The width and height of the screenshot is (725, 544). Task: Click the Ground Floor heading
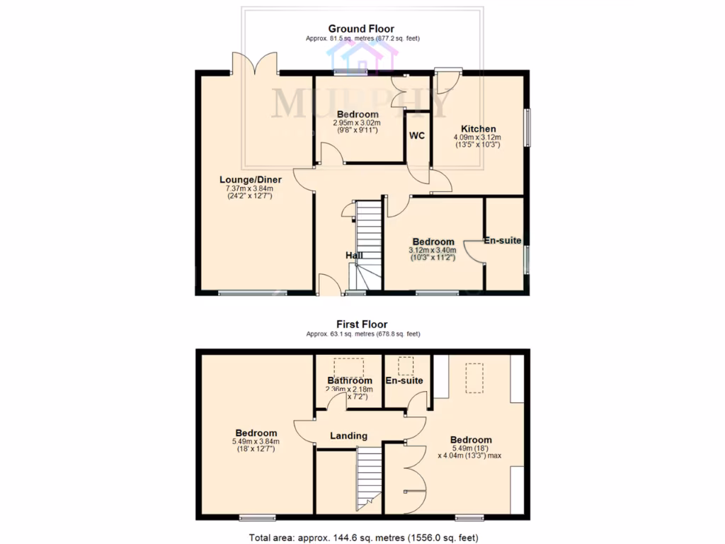361,28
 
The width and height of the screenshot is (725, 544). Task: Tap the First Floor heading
361,324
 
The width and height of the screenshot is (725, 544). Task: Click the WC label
417,135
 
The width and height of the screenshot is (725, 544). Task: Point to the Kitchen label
479,129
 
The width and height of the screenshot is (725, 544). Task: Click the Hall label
354,255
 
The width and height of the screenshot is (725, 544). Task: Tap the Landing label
348,436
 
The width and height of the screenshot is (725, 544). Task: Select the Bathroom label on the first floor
349,380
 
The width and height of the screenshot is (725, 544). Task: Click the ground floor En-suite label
503,241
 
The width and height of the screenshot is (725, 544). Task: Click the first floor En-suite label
404,380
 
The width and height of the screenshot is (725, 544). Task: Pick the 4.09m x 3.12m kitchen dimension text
476,137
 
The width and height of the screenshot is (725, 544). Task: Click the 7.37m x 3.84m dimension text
249,188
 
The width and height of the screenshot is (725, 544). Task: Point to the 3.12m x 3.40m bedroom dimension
433,250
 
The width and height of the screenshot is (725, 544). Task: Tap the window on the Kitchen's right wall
527,127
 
